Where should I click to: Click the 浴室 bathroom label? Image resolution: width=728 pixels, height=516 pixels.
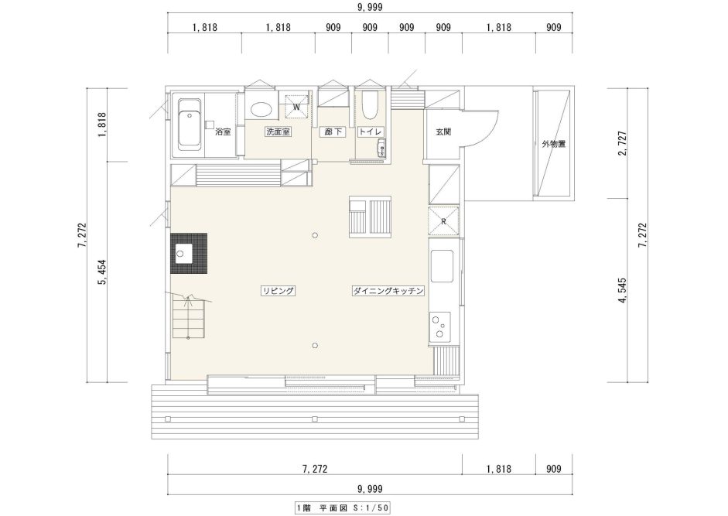[x=223, y=132]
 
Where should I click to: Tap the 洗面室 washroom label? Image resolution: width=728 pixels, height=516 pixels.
[x=278, y=132]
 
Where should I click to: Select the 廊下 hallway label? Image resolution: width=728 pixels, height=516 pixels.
[x=333, y=132]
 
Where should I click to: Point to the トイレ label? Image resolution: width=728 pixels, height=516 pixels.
[x=371, y=132]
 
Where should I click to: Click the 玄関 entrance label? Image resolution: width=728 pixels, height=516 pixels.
[x=443, y=132]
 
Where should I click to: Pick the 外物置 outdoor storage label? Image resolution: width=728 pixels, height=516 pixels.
[x=554, y=144]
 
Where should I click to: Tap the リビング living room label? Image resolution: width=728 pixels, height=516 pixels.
[x=278, y=291]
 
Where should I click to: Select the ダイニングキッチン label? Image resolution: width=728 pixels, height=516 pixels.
[x=388, y=291]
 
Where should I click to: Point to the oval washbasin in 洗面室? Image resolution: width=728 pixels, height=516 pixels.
[x=261, y=110]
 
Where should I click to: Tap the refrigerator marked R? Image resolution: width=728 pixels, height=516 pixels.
[x=443, y=221]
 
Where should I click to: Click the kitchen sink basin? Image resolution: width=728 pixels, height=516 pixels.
[x=442, y=266]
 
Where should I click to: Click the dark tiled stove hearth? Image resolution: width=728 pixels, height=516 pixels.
[x=189, y=254]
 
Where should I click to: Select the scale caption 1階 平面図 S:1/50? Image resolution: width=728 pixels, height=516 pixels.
[x=343, y=507]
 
